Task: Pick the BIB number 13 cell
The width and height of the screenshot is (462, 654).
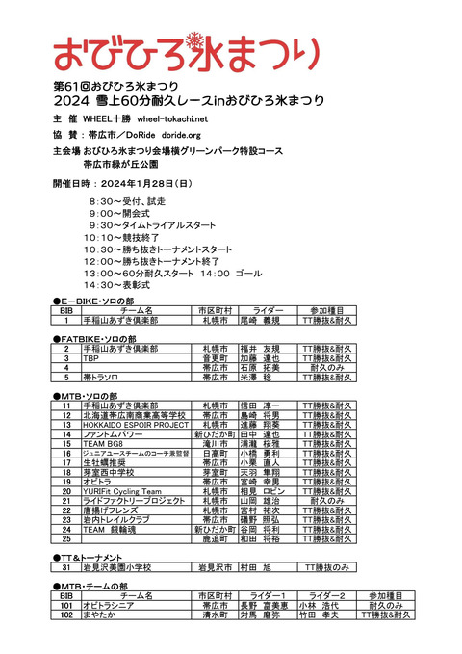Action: tap(66, 424)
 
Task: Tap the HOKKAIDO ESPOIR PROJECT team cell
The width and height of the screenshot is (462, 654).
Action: tap(136, 424)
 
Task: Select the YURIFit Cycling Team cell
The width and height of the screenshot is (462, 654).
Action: tap(126, 491)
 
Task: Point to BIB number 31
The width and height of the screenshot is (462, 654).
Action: tap(66, 568)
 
